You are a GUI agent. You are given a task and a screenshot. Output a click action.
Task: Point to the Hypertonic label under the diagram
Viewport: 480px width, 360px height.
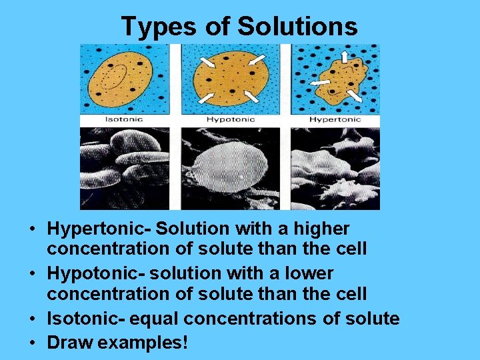pos(335,120)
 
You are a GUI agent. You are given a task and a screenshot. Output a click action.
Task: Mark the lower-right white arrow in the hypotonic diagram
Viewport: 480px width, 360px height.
pos(252,97)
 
